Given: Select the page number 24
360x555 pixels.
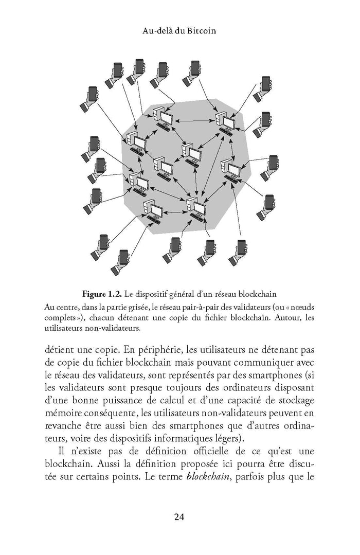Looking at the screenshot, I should [x=179, y=517].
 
